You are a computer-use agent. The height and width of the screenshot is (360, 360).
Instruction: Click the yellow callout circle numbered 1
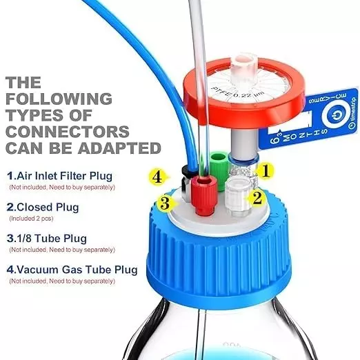click(267, 168)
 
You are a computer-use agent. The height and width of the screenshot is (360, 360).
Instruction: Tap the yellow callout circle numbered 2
click(257, 199)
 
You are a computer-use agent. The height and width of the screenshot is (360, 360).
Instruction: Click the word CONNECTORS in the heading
click(66, 130)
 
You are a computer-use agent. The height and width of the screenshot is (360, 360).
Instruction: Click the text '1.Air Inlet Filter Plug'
click(59, 176)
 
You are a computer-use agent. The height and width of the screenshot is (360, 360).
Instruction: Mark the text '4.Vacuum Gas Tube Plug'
click(71, 269)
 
